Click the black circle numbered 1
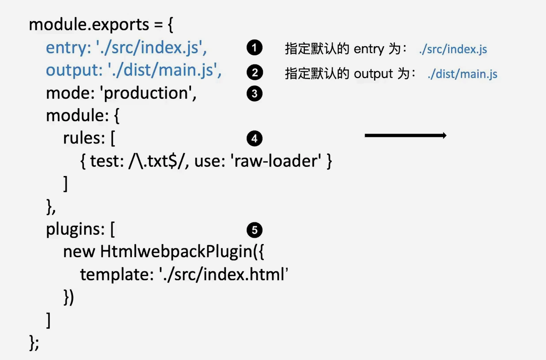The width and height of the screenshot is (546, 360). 254,47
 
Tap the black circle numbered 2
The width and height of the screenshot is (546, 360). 254,72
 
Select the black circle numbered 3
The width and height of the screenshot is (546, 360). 254,94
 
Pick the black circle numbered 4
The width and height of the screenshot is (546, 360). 254,138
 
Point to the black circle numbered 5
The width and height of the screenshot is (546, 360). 254,230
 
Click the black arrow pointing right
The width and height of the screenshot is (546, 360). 406,135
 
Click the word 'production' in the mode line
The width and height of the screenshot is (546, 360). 148,94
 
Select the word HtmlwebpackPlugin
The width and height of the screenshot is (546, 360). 177,252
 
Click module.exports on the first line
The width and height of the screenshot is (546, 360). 89,25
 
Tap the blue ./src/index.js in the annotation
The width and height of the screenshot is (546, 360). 453,49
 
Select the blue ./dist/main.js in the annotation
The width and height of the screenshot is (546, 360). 463,74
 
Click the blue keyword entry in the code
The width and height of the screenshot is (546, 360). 66,48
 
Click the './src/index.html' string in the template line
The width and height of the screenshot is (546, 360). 224,274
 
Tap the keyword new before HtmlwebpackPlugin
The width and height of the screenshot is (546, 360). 79,252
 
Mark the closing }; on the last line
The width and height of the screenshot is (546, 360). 34,342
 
